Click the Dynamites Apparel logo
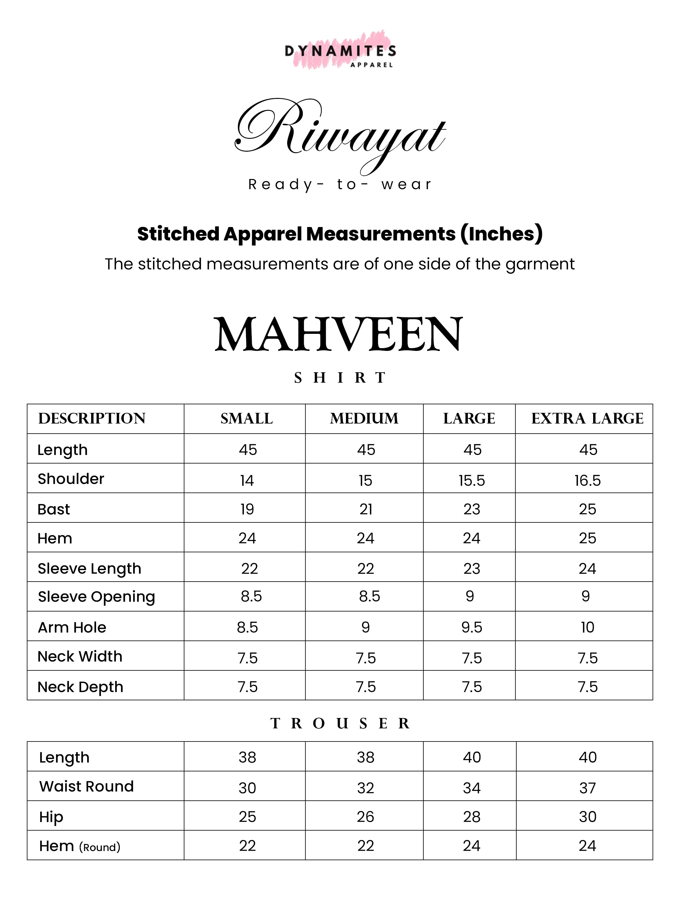coord(340,52)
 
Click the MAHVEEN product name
coord(338,334)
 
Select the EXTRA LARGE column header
coord(587,419)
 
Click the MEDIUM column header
coord(364,419)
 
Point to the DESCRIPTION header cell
coord(92,419)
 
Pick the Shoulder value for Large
coord(472,480)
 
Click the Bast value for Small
coord(247,509)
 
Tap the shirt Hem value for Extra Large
coord(587,538)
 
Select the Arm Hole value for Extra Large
coord(587,627)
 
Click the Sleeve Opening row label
coord(96,597)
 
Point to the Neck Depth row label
coord(80,687)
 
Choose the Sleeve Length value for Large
coord(472,568)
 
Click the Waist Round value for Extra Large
coord(587,788)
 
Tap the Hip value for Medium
coord(365,817)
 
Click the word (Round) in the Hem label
coord(100,847)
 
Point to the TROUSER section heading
coord(340,723)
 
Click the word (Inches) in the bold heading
coord(501,234)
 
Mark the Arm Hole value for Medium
coord(365,627)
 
